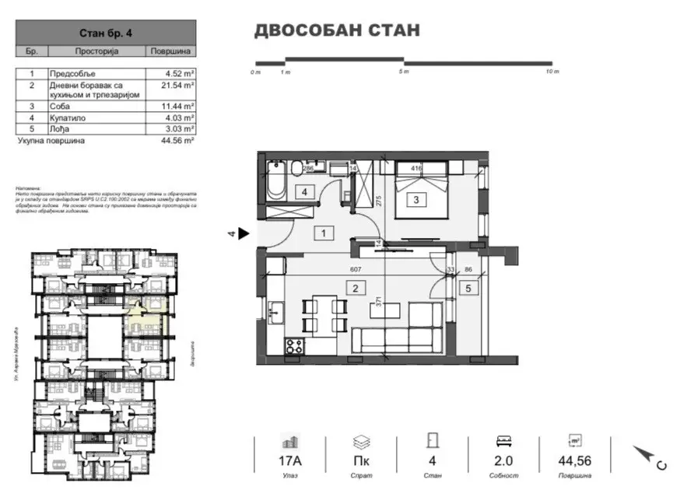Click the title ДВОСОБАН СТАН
[x=337, y=30]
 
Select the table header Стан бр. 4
[x=106, y=33]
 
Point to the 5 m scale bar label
[x=404, y=72]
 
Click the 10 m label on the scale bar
[x=552, y=72]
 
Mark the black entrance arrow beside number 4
[x=244, y=233]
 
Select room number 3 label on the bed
[x=417, y=200]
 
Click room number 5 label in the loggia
[x=468, y=289]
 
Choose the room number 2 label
[x=355, y=289]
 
